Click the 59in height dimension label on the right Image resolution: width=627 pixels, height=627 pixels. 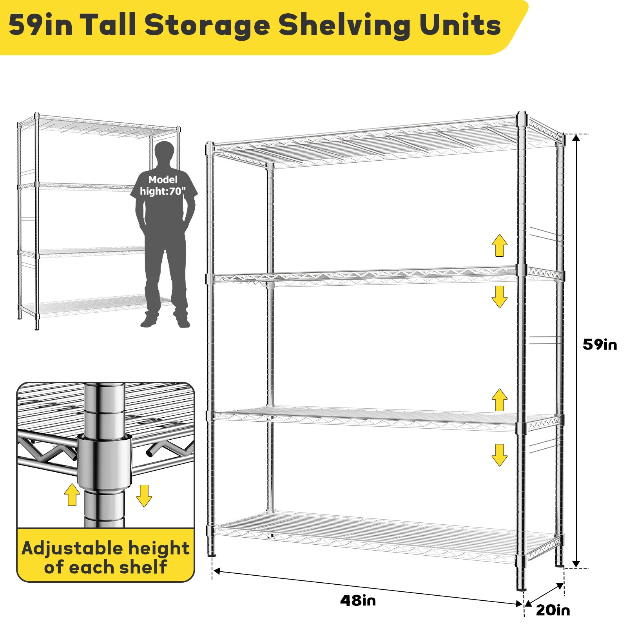[x=600, y=345]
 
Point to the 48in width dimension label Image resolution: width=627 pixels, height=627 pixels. [x=358, y=600]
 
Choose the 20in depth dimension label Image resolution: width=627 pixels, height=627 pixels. [x=553, y=610]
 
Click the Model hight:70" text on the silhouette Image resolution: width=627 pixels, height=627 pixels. [x=163, y=186]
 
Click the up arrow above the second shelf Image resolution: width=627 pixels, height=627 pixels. [x=499, y=245]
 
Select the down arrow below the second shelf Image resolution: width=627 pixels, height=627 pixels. [x=499, y=297]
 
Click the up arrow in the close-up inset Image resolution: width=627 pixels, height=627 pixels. [x=72, y=495]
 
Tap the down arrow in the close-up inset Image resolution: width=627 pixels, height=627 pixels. [x=144, y=496]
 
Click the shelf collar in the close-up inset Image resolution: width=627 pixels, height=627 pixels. [x=104, y=460]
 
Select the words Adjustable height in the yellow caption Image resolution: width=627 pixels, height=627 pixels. [x=105, y=548]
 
